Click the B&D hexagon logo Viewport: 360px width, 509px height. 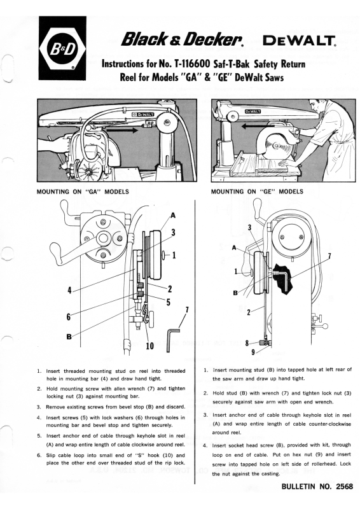click(x=62, y=48)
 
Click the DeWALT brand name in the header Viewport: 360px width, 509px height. click(x=299, y=41)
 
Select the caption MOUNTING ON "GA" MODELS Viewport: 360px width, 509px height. click(x=83, y=192)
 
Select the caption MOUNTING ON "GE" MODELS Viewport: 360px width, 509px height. click(x=257, y=192)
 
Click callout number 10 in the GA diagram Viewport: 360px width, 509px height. click(x=149, y=346)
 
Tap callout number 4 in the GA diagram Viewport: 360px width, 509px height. click(x=69, y=291)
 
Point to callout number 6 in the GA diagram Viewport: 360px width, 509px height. click(x=69, y=316)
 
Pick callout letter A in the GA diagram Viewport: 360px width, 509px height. click(x=173, y=215)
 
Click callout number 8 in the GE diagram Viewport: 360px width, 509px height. click(x=247, y=343)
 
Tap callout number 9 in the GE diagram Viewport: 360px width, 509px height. click(x=253, y=352)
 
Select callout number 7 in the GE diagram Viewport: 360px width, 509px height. click(x=329, y=256)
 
